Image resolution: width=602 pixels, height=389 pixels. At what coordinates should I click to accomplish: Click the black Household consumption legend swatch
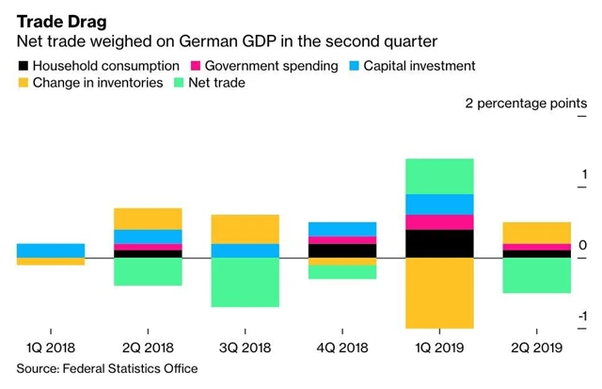point(24,66)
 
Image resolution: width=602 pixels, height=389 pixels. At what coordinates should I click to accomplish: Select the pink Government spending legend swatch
point(196,66)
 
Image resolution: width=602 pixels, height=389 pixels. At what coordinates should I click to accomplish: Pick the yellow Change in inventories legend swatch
point(24,84)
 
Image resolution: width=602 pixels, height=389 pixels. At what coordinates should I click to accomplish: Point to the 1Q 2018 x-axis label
point(50,348)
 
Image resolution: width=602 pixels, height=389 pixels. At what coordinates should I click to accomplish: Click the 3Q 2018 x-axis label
point(245,348)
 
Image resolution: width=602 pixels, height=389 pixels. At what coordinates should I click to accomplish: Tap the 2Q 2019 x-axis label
point(536,348)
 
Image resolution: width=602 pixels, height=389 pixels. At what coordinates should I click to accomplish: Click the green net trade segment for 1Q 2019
point(439,176)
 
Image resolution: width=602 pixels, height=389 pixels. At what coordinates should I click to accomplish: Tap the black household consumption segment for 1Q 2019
point(439,244)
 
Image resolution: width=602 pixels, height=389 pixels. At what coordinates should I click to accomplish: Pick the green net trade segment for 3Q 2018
point(245,283)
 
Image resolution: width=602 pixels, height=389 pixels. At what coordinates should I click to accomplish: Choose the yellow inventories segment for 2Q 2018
point(148,219)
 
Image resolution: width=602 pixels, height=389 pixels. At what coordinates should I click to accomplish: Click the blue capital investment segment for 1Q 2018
point(50,251)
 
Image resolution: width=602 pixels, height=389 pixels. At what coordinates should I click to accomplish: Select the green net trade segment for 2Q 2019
point(536,275)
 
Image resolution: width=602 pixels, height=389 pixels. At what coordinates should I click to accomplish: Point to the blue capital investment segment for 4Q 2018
point(342,229)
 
